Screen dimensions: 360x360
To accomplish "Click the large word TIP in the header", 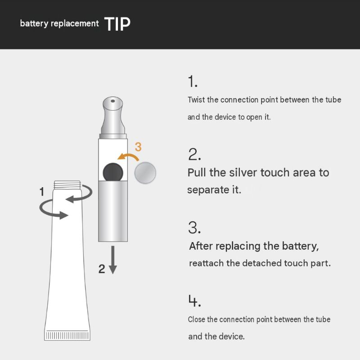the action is pyautogui.click(x=117, y=24).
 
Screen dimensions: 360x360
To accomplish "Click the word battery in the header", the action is pyautogui.click(x=34, y=24).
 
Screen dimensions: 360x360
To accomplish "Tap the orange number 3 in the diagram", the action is pyautogui.click(x=138, y=147).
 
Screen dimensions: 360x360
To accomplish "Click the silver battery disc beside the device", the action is pyautogui.click(x=145, y=173).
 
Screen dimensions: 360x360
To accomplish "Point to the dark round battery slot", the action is pyautogui.click(x=113, y=172).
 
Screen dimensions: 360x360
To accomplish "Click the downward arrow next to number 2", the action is pyautogui.click(x=113, y=260).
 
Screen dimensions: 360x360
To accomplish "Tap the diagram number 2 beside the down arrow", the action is pyautogui.click(x=102, y=269).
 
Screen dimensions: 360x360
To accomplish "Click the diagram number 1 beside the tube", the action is pyautogui.click(x=42, y=192).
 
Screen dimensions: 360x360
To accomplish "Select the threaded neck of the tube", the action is pyautogui.click(x=67, y=185).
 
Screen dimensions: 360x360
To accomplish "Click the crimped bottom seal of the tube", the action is pyautogui.click(x=67, y=335).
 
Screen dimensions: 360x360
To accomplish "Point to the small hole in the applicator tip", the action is pyautogui.click(x=113, y=101).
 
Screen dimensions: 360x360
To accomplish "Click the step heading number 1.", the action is pyautogui.click(x=193, y=81).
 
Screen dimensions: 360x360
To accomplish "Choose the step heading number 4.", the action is pyautogui.click(x=195, y=301).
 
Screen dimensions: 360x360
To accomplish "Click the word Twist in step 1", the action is pyautogui.click(x=196, y=100).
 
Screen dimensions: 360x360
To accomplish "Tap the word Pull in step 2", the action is pyautogui.click(x=197, y=173).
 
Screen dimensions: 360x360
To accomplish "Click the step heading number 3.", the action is pyautogui.click(x=194, y=228).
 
